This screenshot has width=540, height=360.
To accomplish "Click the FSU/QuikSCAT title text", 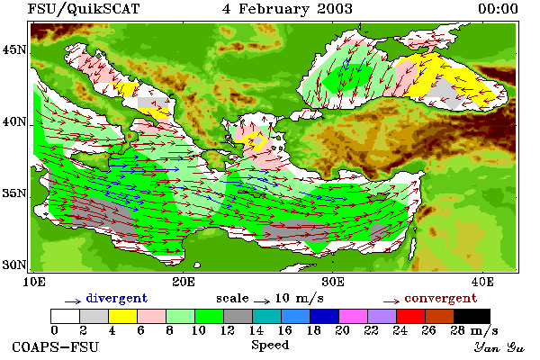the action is tap(84, 9).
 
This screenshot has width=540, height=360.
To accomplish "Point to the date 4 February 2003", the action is tap(288, 9).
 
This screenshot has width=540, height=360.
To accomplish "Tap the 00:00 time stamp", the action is tap(498, 9).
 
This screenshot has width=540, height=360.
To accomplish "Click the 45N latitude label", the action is tap(14, 50).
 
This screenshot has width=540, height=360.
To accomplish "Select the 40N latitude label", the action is tap(14, 121).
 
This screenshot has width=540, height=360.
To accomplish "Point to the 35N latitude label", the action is tap(14, 193).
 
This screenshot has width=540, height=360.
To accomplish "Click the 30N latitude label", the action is tap(14, 265).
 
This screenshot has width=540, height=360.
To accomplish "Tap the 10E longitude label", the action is tap(34, 282).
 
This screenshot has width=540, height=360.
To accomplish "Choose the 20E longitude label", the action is tap(184, 282).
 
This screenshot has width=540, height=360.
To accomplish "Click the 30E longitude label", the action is tap(333, 282).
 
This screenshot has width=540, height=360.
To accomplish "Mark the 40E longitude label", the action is tap(482, 282).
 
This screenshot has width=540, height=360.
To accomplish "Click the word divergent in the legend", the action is tap(117, 298).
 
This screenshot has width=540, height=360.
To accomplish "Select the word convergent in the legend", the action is tap(441, 298).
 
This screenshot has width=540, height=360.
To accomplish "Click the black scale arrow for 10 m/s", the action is tap(262, 301).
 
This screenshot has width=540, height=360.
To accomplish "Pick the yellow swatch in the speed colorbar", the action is tap(122, 316).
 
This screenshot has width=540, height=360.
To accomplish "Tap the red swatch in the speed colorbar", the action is tap(410, 316).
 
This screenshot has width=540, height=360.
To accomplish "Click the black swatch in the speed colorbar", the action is tap(472, 316).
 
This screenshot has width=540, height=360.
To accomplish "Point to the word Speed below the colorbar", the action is tap(270, 345).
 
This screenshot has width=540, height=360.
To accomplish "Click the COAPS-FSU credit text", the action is tap(56, 346).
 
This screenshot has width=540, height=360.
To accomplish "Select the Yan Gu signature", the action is tap(499, 347).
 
